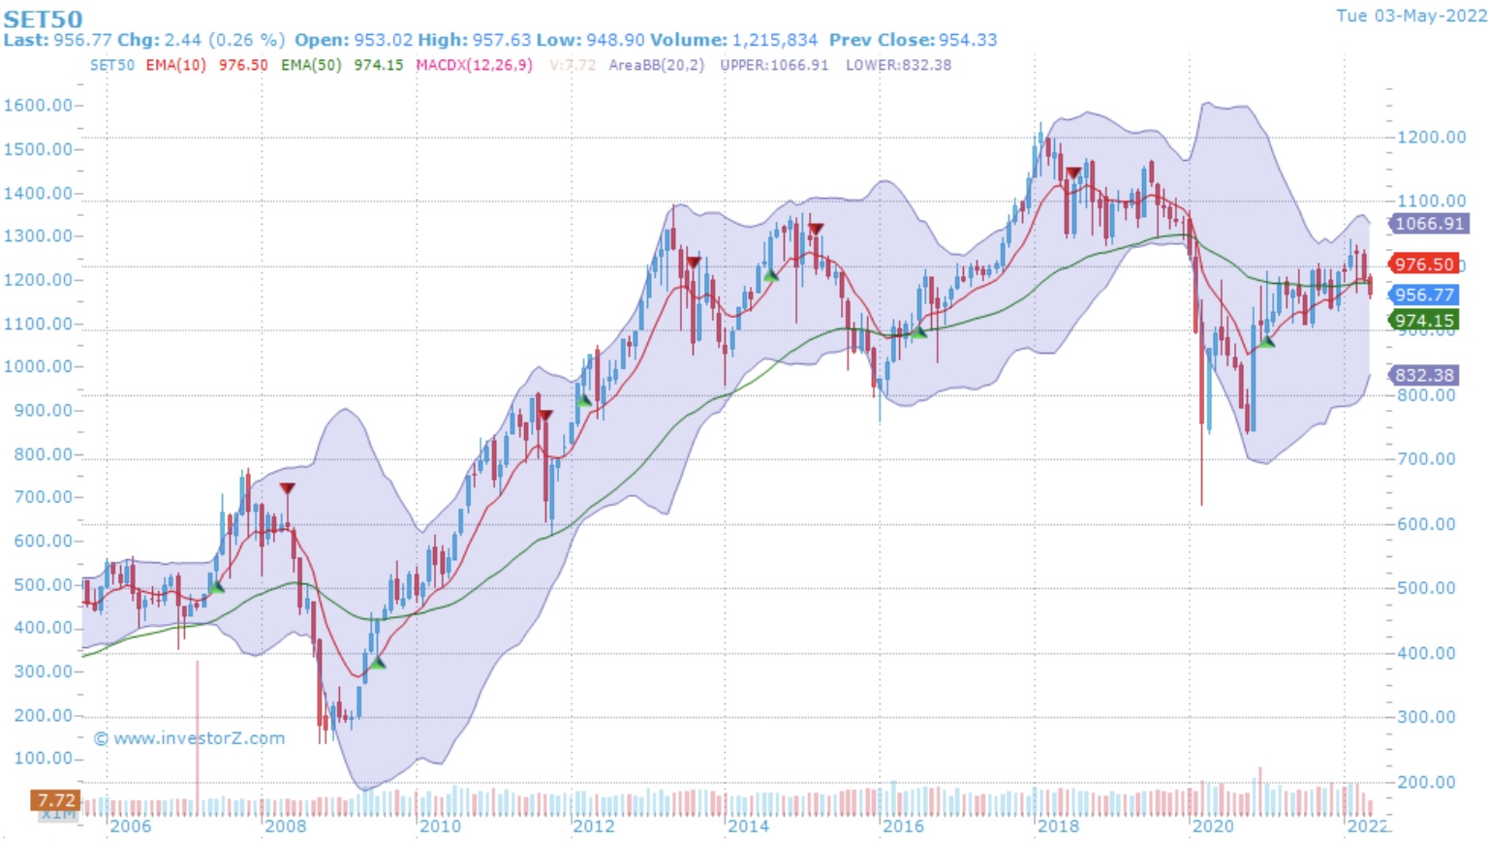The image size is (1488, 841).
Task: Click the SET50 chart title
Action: point(43,18)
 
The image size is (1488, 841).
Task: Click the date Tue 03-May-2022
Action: point(1410,16)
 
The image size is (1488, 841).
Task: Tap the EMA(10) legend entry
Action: point(176,65)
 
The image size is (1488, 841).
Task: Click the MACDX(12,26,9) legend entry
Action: point(474,65)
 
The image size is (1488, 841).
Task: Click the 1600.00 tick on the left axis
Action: point(38,106)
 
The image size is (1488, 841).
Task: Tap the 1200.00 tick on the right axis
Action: point(1431,138)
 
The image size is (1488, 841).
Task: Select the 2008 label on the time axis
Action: point(285,826)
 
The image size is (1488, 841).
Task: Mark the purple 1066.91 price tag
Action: point(1429,224)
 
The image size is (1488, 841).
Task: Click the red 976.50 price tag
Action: point(1424,265)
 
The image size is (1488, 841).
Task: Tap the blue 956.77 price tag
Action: point(1424,296)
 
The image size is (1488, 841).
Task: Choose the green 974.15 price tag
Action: point(1424,321)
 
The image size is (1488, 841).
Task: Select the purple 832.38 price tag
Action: point(1424,375)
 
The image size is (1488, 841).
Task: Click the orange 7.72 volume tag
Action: point(55,800)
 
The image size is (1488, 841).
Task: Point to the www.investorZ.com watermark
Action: point(190,738)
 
